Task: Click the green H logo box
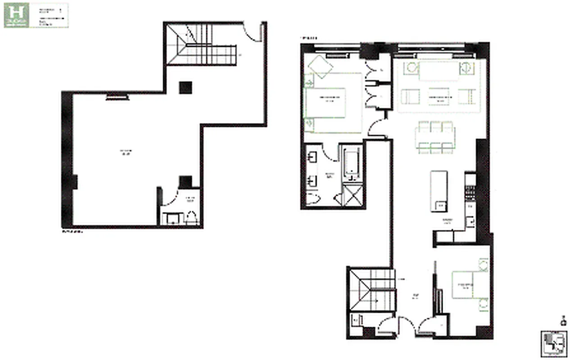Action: click(x=17, y=16)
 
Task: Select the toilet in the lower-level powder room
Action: click(x=191, y=217)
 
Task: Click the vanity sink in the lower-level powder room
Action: click(x=172, y=219)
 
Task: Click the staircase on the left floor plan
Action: click(x=201, y=44)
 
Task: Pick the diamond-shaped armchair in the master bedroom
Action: click(x=320, y=67)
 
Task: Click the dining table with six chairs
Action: click(x=435, y=137)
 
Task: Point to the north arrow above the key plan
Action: click(x=563, y=320)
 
